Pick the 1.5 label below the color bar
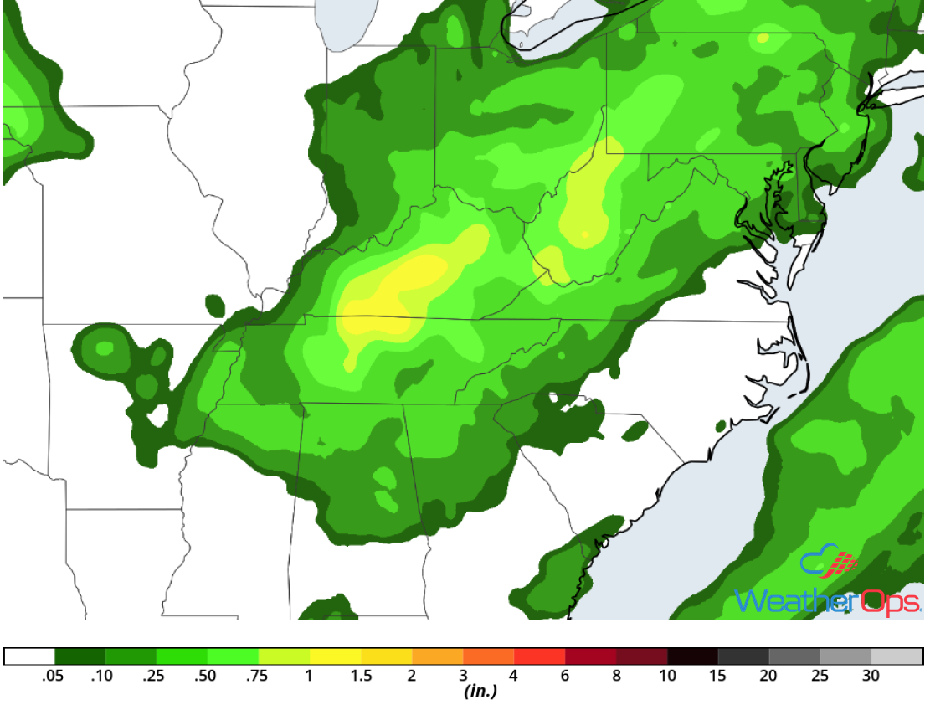pos(361,677)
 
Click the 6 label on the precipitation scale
pos(565,677)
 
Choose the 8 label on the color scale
pos(616,677)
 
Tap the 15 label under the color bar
pos(718,677)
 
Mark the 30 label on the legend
pos(871,677)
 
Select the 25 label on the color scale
pos(820,677)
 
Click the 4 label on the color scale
pos(514,677)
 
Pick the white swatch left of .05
pos(29,656)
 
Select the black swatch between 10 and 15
pos(693,656)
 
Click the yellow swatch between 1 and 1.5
pos(336,656)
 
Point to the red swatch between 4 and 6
pos(540,656)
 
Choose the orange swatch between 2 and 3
pos(438,656)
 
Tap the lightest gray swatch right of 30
pos(897,656)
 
